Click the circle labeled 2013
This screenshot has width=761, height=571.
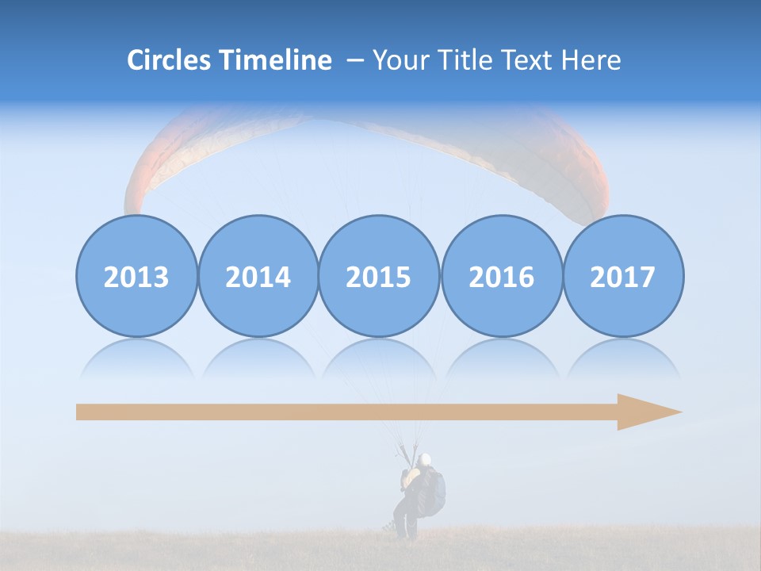click(x=136, y=277)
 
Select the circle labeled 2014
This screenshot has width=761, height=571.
click(x=258, y=277)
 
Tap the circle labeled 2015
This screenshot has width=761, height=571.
click(x=379, y=277)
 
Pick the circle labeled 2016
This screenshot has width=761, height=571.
click(x=501, y=277)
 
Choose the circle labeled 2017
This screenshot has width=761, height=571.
click(x=622, y=277)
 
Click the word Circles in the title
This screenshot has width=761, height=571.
click(x=169, y=60)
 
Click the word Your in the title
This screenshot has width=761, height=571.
click(x=400, y=60)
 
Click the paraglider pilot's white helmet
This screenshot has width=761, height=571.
click(x=426, y=459)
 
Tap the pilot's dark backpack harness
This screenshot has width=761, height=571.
click(x=432, y=490)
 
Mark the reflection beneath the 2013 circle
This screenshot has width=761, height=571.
click(x=136, y=357)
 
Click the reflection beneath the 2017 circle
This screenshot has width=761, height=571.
click(x=622, y=357)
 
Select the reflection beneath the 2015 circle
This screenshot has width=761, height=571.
click(x=379, y=357)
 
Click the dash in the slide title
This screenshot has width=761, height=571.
click(x=355, y=60)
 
